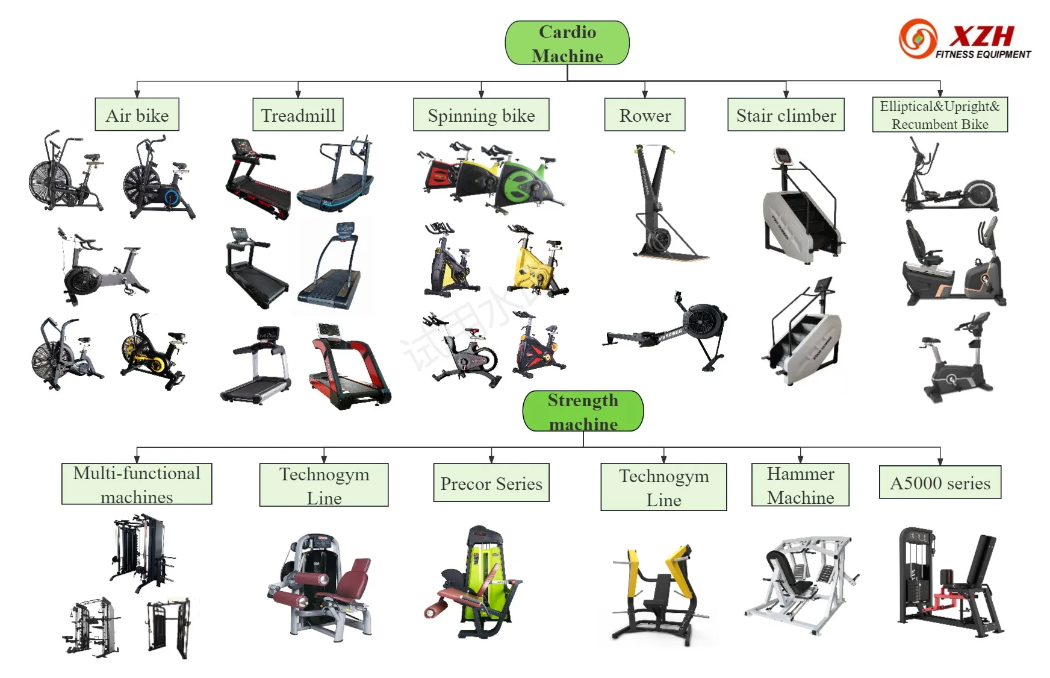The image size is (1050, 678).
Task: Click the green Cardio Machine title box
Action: pos(567,43)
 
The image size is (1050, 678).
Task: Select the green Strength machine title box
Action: pos(583,411)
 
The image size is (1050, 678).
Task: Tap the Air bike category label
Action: pos(137,115)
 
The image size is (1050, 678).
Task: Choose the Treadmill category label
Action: pos(298,115)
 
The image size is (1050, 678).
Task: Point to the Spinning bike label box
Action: pos(481,115)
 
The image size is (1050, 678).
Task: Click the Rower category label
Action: pos(645,115)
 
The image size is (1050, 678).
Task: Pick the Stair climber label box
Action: pos(786,115)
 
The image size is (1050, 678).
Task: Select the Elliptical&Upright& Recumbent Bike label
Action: pos(940,115)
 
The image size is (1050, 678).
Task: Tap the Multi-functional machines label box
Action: pos(137,484)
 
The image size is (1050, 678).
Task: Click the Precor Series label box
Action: pos(491,483)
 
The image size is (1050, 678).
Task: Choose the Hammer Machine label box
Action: pos(800,485)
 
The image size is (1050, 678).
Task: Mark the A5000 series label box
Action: pos(940,482)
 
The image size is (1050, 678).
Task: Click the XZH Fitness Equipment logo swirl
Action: pos(918,39)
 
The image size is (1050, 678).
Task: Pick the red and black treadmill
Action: pos(349,368)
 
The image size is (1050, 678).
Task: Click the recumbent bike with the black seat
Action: pos(951,265)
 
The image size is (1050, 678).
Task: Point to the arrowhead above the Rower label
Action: pos(645,93)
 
